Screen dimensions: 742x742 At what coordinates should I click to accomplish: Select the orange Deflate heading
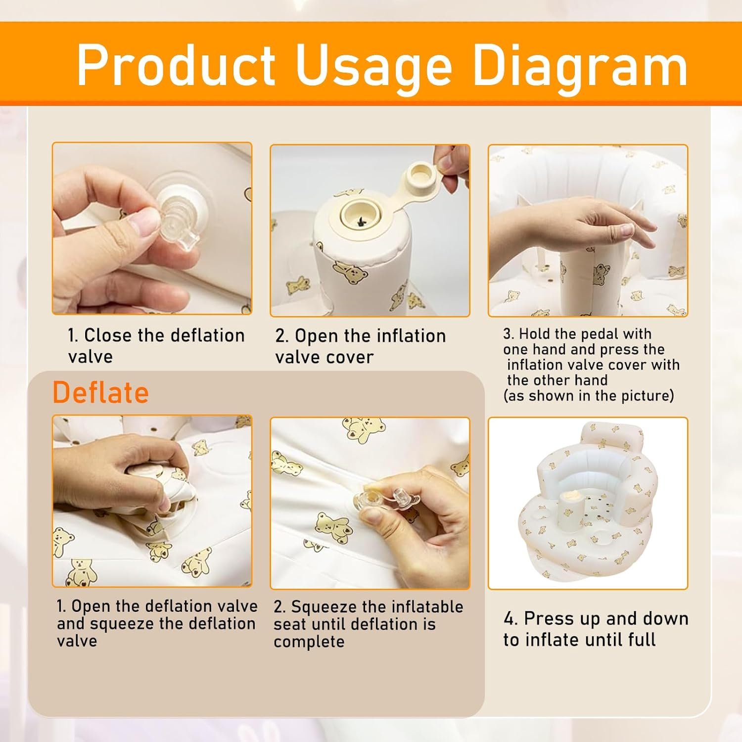101,393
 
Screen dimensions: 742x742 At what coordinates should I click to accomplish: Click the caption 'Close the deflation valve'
156,346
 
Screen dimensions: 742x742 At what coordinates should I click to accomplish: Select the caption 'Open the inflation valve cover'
361,346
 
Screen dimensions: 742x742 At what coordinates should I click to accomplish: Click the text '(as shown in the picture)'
589,396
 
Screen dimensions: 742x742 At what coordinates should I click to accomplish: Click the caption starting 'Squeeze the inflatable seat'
369,624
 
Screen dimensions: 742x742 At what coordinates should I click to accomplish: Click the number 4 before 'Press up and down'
510,619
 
